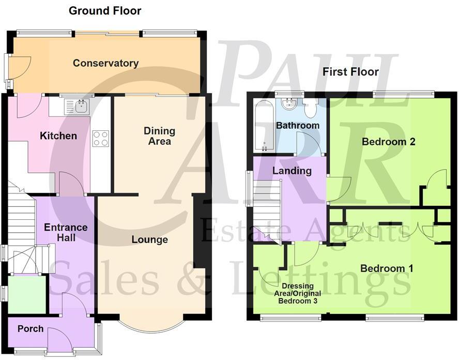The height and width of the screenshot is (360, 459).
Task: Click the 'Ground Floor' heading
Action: click(x=105, y=10)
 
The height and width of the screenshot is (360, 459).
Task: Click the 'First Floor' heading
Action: click(x=350, y=72)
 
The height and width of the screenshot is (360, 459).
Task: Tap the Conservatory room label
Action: click(x=105, y=63)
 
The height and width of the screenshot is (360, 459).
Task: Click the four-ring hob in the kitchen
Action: click(x=100, y=138)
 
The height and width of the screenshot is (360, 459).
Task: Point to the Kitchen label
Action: click(x=58, y=136)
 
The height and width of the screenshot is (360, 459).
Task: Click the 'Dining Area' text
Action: click(x=159, y=136)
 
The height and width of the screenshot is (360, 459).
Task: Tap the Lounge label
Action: click(x=149, y=239)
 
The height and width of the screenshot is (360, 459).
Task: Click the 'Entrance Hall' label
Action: click(x=66, y=232)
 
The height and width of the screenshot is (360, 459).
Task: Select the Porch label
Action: click(x=30, y=329)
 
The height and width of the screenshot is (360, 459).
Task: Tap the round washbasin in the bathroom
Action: click(x=289, y=105)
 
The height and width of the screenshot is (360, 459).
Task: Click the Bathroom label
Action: click(x=298, y=125)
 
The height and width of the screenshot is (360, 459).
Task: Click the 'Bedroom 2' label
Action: click(x=388, y=141)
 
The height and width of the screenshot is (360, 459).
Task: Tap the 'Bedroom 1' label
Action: click(x=387, y=268)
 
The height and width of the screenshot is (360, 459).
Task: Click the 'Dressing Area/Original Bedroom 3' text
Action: click(x=300, y=293)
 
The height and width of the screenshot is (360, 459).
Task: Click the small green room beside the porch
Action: click(x=27, y=294)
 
